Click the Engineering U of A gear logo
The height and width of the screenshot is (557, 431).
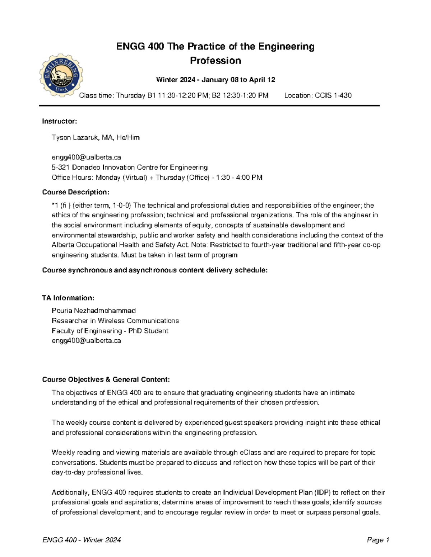point(61,76)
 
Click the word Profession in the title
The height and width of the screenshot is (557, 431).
point(215,61)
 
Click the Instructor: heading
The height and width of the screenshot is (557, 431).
point(60,121)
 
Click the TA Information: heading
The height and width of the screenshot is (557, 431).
point(68,298)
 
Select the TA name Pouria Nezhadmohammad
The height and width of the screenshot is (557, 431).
point(94,311)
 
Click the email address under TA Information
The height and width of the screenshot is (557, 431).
point(86,341)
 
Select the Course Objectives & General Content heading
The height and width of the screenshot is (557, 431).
point(106,379)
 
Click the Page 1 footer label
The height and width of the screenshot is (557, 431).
point(378,540)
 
